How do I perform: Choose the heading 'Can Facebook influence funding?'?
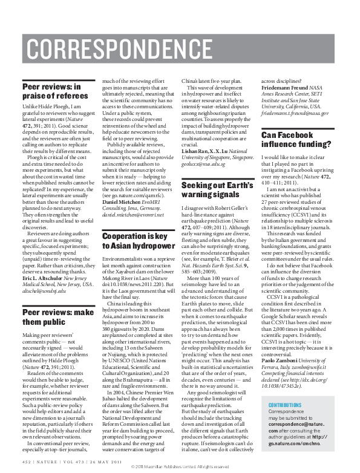[x=296, y=140]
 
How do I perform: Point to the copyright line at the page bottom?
[x=180, y=468]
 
